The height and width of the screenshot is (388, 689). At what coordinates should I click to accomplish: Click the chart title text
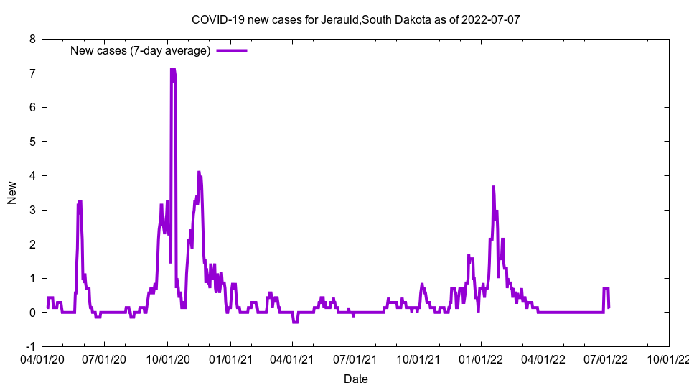click(x=355, y=19)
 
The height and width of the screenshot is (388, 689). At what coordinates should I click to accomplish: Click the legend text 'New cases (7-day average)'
click(x=140, y=50)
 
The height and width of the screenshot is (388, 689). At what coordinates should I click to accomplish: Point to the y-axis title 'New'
click(x=12, y=193)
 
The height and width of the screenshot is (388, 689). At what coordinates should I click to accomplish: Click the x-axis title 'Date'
click(x=355, y=379)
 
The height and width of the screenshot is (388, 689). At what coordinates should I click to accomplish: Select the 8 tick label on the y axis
click(x=32, y=40)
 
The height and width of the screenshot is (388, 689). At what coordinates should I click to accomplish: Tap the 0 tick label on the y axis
click(x=32, y=313)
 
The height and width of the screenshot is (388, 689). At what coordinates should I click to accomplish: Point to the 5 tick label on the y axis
click(x=32, y=142)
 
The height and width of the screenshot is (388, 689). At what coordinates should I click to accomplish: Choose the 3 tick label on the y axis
click(x=32, y=210)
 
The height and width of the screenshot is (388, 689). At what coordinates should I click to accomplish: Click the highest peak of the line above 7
click(x=172, y=70)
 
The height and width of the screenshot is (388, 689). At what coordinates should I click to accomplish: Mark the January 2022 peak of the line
click(x=493, y=187)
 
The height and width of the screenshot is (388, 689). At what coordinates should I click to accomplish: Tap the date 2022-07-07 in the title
click(x=491, y=19)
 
